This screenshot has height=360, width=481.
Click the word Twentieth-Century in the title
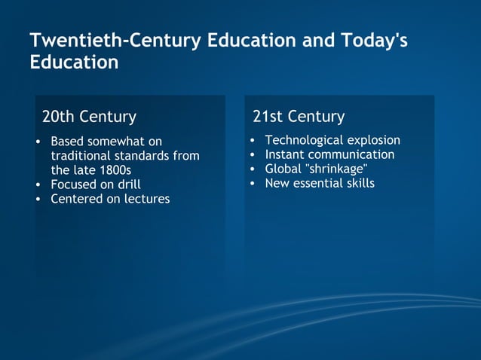[115, 41]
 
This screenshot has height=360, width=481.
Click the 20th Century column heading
[89, 117]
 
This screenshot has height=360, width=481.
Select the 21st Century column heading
[299, 117]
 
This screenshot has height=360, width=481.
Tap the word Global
[283, 169]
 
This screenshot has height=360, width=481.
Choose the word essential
[317, 183]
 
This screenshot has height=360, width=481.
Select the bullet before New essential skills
[253, 183]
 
